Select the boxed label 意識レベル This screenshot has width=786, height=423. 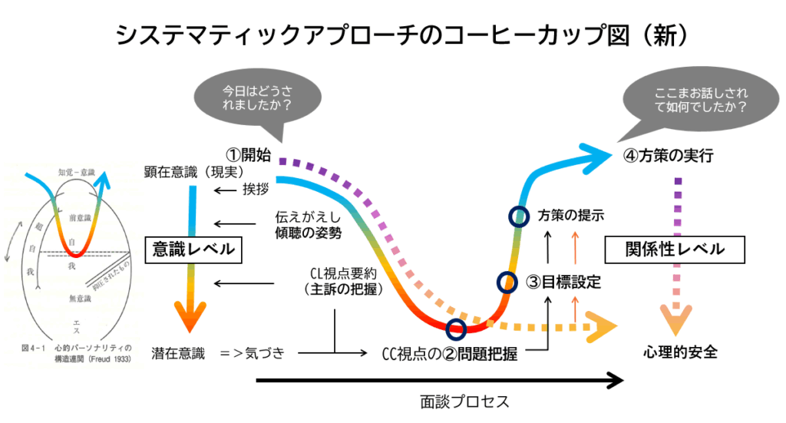[x=189, y=249]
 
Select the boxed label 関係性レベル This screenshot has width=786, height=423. [x=675, y=250]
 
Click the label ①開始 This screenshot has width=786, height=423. [x=248, y=154]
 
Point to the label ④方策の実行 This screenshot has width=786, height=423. [x=669, y=156]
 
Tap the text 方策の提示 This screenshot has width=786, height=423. [x=571, y=215]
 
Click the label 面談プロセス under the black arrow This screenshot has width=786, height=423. [x=464, y=401]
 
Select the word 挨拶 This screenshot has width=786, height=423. [x=257, y=190]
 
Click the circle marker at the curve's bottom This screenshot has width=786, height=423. [x=456, y=329]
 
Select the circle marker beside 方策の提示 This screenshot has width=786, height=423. [x=518, y=216]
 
